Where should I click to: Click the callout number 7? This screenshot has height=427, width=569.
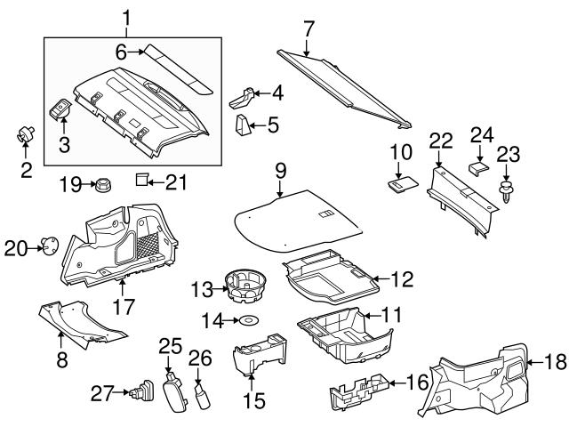308,28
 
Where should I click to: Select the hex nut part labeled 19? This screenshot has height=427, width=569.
101,186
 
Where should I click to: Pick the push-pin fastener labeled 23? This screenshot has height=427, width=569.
507,192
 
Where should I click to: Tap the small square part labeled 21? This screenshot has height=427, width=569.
140,181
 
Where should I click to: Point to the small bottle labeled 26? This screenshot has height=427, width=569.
203,391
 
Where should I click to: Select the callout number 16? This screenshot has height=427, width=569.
410,385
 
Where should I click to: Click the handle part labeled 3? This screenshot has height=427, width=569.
61,109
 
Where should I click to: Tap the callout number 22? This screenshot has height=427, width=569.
441,140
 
